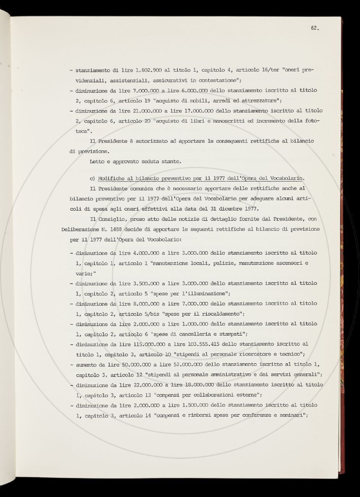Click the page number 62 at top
point(314,28)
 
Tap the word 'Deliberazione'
point(81,229)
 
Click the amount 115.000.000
point(127,344)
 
